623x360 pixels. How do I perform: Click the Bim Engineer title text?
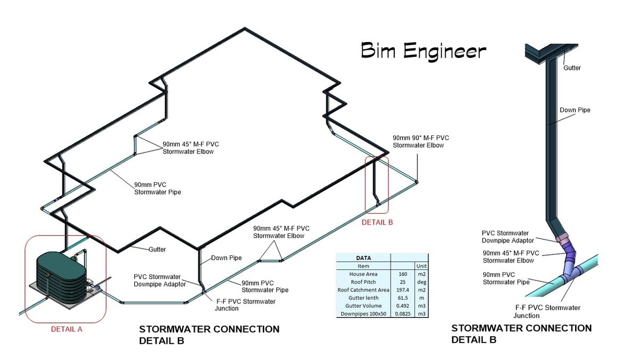click(x=423, y=51)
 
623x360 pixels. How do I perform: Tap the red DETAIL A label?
click(x=67, y=329)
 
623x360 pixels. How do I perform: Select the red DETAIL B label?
click(x=377, y=222)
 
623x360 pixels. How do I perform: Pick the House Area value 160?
click(x=402, y=274)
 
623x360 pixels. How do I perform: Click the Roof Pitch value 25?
click(x=402, y=282)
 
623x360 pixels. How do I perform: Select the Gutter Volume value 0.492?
click(x=402, y=306)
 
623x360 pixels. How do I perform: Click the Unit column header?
click(x=420, y=266)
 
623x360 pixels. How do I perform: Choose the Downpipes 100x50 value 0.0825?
click(x=402, y=314)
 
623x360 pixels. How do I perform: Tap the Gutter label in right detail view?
click(x=572, y=68)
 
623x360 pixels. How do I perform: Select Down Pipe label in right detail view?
click(x=575, y=110)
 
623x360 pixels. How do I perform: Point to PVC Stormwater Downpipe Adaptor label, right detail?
click(x=508, y=237)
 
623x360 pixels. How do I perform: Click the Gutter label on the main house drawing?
click(x=157, y=249)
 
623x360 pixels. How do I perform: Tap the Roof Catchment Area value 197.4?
click(x=402, y=290)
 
